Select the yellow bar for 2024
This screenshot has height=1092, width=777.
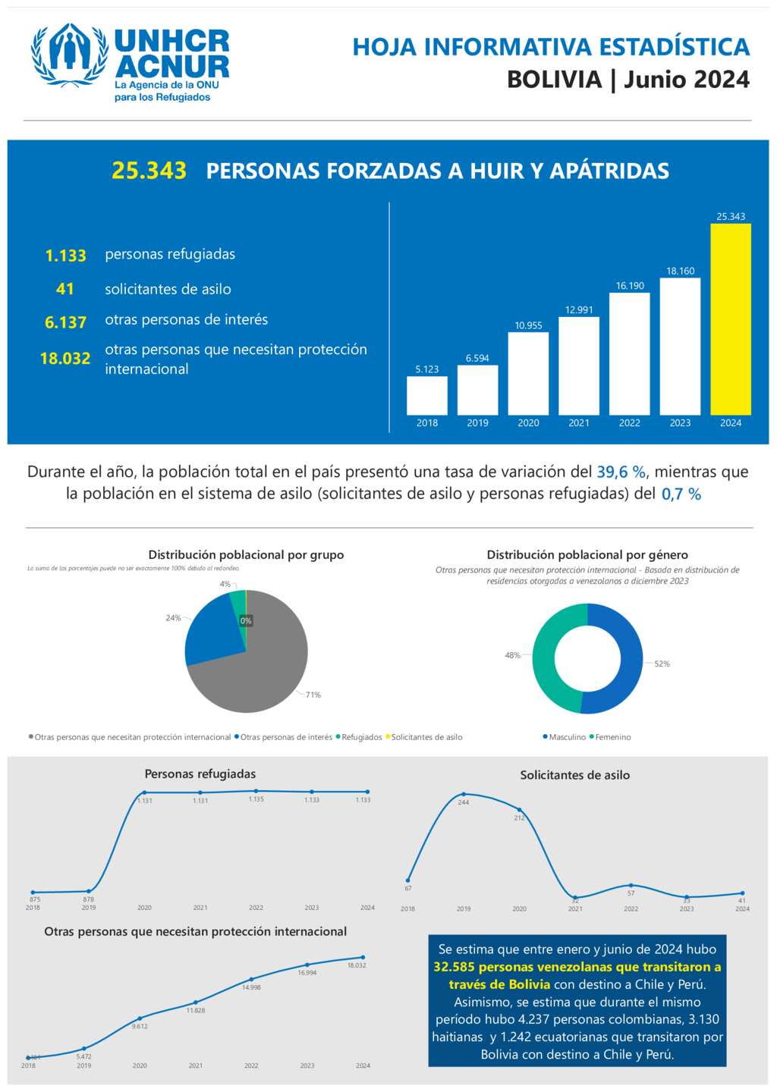[730, 318]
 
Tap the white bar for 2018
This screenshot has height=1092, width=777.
[426, 395]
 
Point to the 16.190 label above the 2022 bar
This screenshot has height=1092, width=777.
[630, 286]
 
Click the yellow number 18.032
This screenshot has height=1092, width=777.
[65, 359]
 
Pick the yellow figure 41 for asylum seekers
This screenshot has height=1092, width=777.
[65, 289]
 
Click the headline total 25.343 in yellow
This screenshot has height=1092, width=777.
[149, 171]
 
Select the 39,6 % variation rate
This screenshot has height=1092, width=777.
[621, 472]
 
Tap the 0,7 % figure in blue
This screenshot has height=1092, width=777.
[681, 494]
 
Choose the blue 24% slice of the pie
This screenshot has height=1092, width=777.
[209, 633]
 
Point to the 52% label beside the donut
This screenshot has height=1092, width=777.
[662, 664]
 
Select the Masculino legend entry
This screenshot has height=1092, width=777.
[565, 737]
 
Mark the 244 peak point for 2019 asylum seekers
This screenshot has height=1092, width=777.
[464, 795]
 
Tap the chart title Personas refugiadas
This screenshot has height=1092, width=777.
[200, 774]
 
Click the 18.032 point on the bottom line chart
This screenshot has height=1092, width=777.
[363, 957]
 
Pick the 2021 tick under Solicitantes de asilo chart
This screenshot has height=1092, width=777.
[575, 908]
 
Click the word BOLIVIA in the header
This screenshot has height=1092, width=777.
[554, 80]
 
